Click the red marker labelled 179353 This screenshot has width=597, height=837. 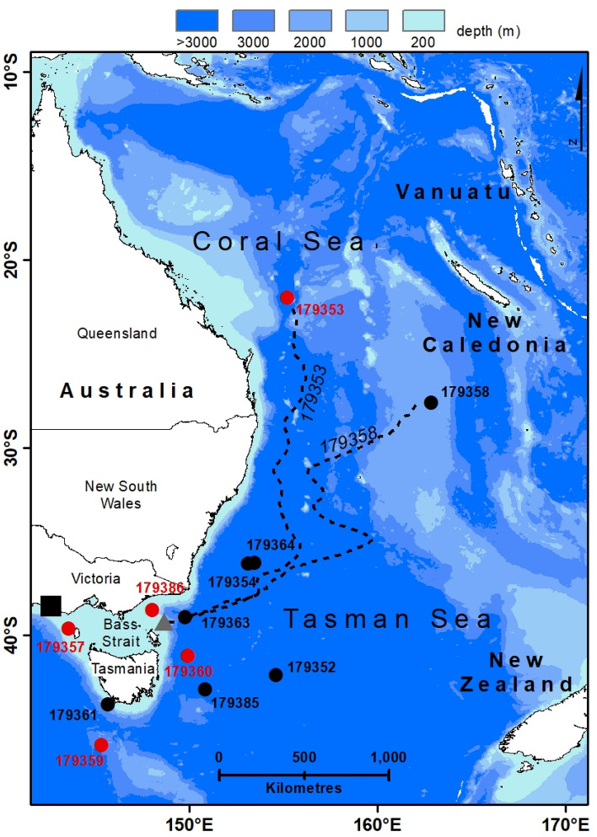point(288,298)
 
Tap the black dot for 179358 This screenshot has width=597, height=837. point(431,402)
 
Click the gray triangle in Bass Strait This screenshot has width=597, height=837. point(164,623)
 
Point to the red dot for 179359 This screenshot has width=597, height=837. point(101,744)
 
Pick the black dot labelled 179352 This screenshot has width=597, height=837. point(276,674)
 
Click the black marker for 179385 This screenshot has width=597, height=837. point(205,689)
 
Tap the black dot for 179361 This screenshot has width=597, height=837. point(108,704)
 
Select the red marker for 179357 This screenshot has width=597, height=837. point(68,628)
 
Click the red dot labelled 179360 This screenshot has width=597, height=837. point(187,655)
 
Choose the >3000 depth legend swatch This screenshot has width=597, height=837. point(196,20)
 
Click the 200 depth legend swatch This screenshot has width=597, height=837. point(423,20)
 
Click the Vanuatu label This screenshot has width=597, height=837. point(454,192)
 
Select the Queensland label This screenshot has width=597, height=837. point(117,333)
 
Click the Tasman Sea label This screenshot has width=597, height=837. point(387,620)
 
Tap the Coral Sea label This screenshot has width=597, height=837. point(278,241)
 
